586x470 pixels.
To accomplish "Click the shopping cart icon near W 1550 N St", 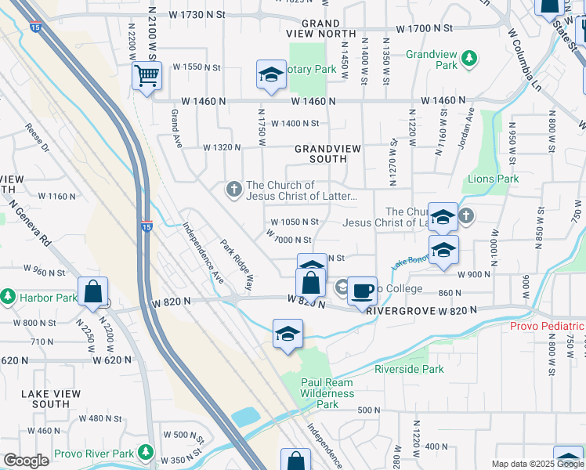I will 146,76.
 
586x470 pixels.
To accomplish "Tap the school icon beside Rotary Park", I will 271,75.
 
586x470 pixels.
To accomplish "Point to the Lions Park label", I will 494,179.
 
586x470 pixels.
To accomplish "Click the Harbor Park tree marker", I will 8,298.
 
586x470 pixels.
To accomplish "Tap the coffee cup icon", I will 362,291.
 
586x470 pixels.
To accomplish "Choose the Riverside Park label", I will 409,369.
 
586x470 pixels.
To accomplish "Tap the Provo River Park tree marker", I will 145,453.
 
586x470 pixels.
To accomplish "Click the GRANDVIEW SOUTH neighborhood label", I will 320,154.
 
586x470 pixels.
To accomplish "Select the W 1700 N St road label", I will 425,28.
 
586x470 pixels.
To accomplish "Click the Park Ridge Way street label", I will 237,265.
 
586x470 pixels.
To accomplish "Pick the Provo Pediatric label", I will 547,327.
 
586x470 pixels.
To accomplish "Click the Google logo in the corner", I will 26,461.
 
